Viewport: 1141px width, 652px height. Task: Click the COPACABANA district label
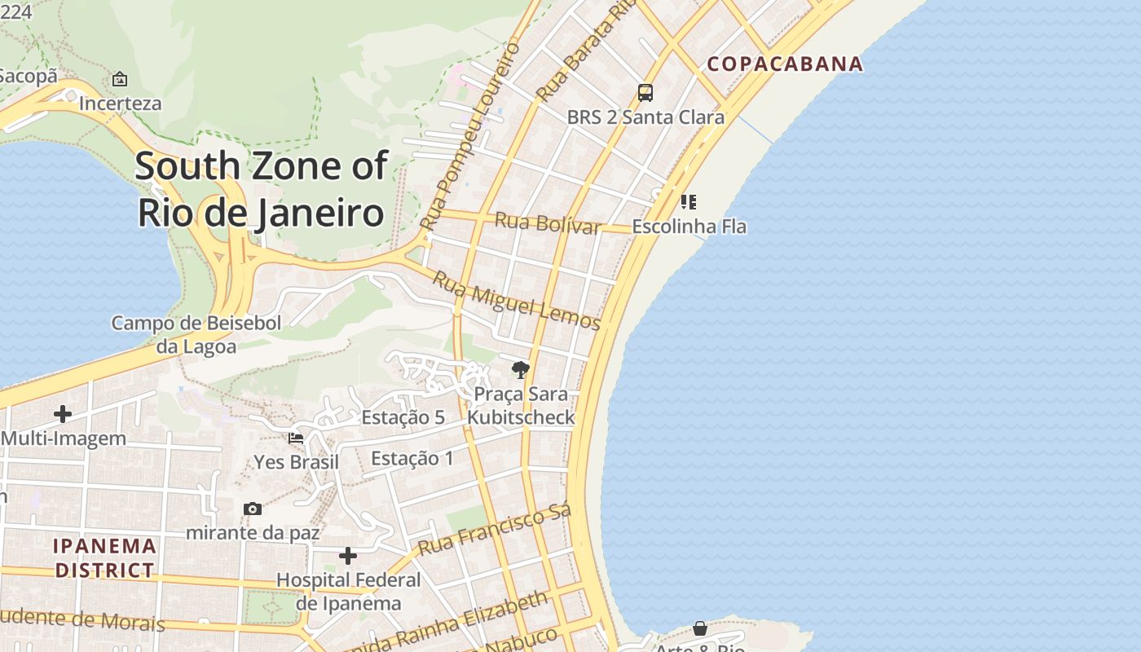[785, 64]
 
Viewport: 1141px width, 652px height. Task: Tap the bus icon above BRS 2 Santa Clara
[645, 93]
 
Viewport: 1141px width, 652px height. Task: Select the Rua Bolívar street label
[548, 222]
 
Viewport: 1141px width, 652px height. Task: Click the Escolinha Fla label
[689, 227]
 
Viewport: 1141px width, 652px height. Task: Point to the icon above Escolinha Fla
[689, 201]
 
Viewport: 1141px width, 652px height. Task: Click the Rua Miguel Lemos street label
[516, 301]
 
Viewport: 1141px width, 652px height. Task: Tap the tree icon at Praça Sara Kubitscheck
[520, 370]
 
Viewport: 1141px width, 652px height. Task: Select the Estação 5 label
[403, 417]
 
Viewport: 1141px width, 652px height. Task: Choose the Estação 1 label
[412, 458]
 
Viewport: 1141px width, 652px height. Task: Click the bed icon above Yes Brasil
[296, 438]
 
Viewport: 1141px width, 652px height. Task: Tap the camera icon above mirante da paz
[253, 509]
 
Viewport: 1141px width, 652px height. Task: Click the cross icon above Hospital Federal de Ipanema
[348, 556]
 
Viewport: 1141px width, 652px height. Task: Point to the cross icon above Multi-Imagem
[63, 414]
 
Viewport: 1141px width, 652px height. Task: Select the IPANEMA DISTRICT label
[104, 557]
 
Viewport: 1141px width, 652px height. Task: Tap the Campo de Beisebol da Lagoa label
[196, 334]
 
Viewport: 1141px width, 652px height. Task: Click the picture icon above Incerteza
[120, 79]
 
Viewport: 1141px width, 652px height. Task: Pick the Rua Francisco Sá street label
[495, 529]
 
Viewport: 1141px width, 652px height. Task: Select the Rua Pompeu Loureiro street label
[469, 135]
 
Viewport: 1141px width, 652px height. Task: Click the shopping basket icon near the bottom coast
[700, 628]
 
